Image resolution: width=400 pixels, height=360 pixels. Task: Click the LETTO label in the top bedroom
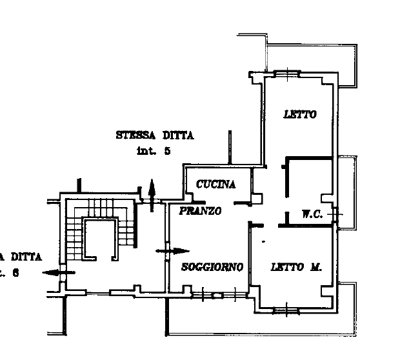(300, 115)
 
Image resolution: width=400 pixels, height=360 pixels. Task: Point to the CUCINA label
(215, 185)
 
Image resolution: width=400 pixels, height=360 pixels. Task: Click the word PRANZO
(201, 211)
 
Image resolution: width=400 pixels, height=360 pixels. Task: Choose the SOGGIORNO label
(212, 267)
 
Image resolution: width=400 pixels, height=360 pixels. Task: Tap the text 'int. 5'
(153, 152)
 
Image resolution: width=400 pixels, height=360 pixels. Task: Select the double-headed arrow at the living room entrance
(172, 251)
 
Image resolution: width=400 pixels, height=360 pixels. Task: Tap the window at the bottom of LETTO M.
(286, 312)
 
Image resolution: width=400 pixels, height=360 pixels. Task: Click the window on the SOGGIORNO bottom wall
(219, 296)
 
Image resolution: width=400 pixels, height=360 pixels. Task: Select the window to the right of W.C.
(335, 213)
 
